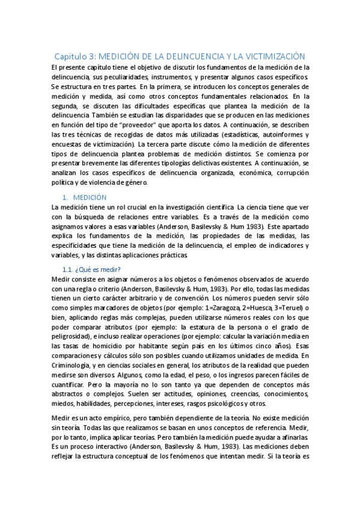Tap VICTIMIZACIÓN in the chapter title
[273, 54]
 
